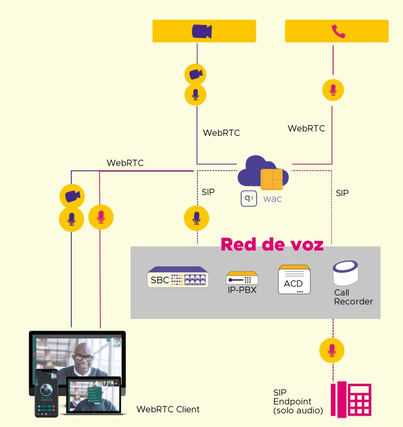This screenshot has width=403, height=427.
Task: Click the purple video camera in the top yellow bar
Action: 202,31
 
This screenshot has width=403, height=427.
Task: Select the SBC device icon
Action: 178,277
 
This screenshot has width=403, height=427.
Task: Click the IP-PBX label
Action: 242,290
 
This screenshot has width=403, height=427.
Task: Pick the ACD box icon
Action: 294,280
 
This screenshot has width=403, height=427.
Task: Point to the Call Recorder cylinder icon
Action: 345,273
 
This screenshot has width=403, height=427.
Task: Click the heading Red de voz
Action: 272,244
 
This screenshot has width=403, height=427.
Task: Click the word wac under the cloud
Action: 273,198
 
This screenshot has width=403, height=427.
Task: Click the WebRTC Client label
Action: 168,409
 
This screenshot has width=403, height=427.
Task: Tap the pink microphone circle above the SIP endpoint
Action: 332,350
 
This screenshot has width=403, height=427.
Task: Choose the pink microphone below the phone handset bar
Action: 333,90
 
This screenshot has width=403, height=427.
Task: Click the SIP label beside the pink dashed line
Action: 342,193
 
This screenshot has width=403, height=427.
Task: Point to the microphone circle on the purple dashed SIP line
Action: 196,218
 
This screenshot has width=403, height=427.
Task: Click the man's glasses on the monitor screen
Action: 84,357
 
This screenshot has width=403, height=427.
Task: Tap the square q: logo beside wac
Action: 248,198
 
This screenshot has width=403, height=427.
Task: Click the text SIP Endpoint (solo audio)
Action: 298,402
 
